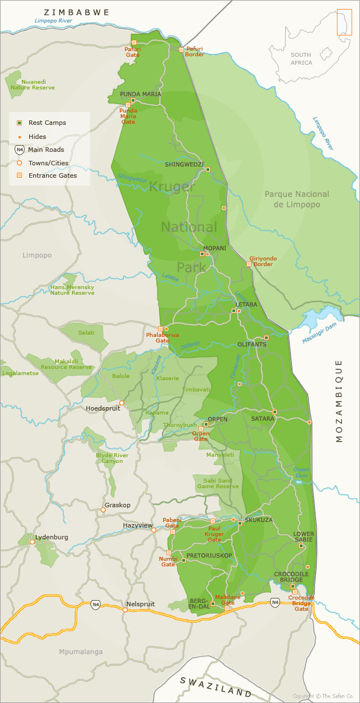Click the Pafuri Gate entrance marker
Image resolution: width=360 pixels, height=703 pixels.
click(x=134, y=42)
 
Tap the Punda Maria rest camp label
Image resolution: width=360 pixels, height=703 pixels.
click(x=140, y=94)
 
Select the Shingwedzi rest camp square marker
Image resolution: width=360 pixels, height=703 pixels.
click(x=208, y=169)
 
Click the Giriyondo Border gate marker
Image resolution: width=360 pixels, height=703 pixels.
click(x=249, y=263)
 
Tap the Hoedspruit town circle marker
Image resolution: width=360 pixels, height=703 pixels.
click(x=121, y=403)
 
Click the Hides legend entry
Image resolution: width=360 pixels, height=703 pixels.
click(x=37, y=137)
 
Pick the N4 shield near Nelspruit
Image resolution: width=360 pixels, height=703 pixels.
click(x=96, y=605)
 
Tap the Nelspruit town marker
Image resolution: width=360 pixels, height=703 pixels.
click(x=125, y=610)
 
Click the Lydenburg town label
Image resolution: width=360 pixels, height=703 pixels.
click(x=52, y=537)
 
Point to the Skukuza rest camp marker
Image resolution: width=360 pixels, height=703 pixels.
click(x=240, y=523)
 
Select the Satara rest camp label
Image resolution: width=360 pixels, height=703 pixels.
click(x=263, y=419)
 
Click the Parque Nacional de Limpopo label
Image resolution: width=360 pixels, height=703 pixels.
click(x=296, y=199)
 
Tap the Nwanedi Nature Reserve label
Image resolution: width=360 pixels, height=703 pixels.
click(x=33, y=85)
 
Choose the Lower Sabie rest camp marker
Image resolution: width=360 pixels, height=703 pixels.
click(x=301, y=546)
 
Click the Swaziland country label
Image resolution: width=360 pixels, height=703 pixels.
click(x=215, y=686)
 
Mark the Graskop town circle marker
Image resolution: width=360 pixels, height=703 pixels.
click(x=103, y=510)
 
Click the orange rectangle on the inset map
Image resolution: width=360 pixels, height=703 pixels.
click(x=344, y=22)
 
